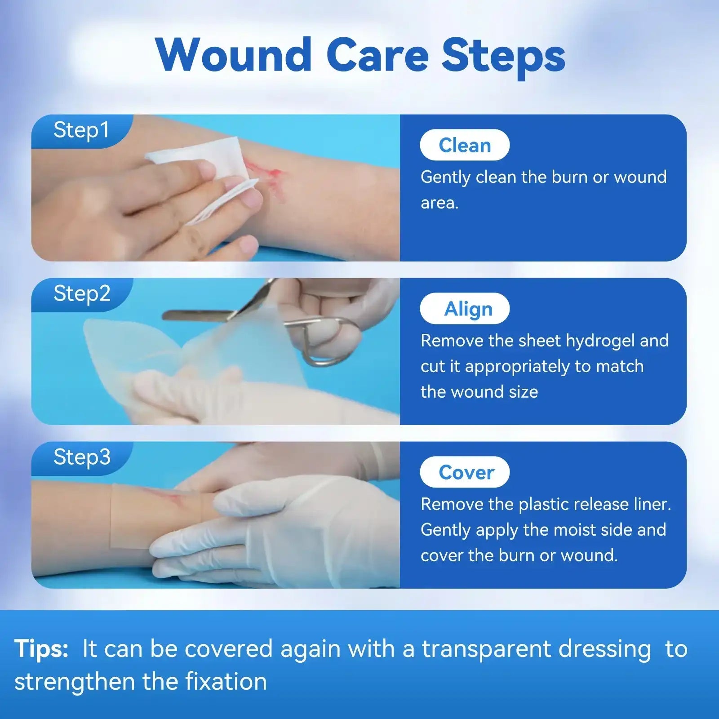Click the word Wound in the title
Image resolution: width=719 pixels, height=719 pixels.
pos(234,55)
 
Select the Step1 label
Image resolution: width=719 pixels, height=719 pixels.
pos(81,131)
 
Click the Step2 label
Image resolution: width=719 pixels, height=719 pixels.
pos(82,294)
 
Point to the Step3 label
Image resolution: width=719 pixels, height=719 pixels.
pos(82,458)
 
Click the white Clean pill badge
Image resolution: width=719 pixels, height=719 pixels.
pos(465,145)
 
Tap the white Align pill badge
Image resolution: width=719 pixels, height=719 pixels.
pos(465,309)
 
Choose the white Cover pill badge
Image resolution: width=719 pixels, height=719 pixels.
pos(465,472)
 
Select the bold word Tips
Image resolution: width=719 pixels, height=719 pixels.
pos(41,649)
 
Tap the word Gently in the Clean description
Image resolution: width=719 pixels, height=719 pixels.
pos(445,178)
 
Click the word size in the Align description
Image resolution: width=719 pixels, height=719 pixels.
pos(523,392)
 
